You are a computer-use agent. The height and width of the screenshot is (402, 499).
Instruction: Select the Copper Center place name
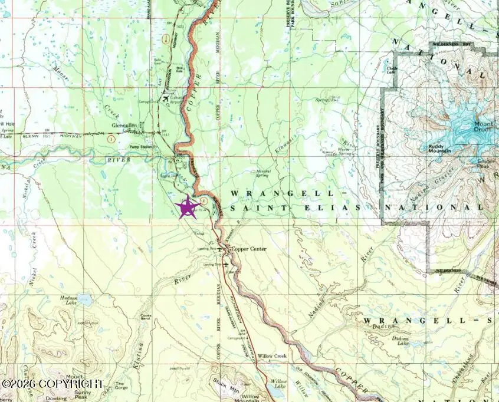(x=248, y=249)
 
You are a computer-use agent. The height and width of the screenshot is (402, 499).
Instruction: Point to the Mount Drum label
(x=483, y=127)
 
